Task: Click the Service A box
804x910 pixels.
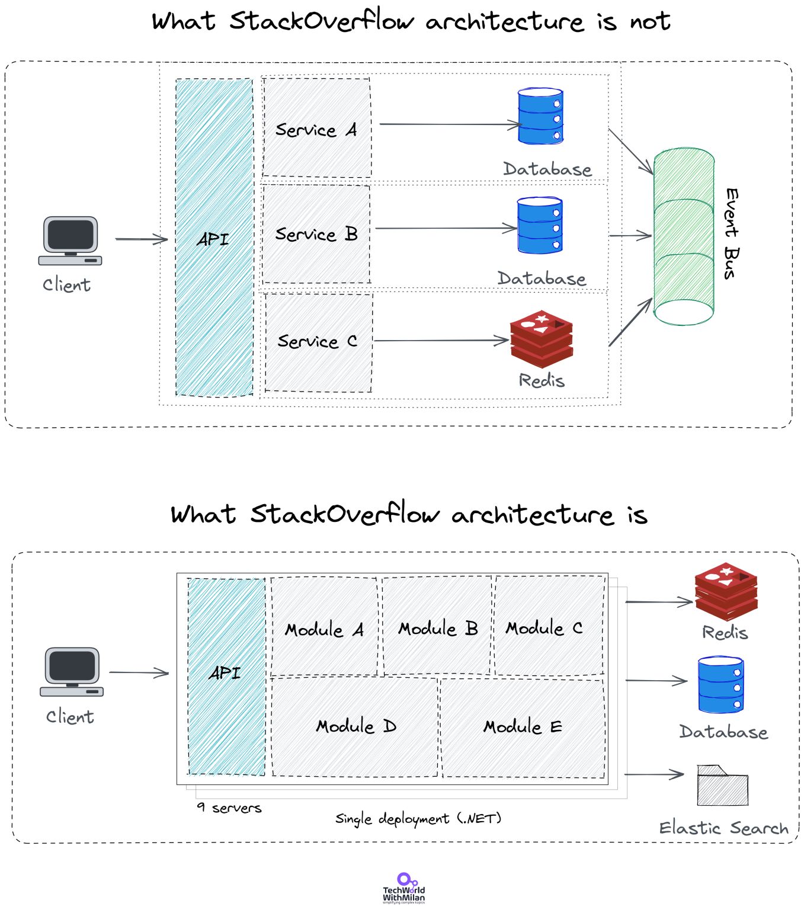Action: tap(316, 127)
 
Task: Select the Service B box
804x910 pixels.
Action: tap(316, 234)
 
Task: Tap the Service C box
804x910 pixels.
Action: tap(318, 342)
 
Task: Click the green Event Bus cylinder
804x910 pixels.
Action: tap(684, 236)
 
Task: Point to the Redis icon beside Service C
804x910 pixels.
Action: tap(542, 339)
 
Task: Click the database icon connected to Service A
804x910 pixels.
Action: tap(540, 116)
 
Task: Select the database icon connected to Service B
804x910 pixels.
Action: tap(540, 225)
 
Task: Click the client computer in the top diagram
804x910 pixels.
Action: tap(70, 241)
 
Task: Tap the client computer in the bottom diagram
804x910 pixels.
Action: tap(72, 671)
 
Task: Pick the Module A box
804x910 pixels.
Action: tap(324, 626)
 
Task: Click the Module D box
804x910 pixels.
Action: tap(354, 726)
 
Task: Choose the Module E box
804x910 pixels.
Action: tap(523, 727)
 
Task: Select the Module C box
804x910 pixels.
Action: tap(549, 625)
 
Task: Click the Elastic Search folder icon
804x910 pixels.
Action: tap(722, 785)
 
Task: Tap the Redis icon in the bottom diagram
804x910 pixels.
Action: tap(726, 591)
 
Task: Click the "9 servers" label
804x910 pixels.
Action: tap(229, 808)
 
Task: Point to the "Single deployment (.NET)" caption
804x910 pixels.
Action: tap(418, 819)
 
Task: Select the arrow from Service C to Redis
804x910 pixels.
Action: tap(441, 341)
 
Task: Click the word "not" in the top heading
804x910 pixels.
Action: tap(650, 21)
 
